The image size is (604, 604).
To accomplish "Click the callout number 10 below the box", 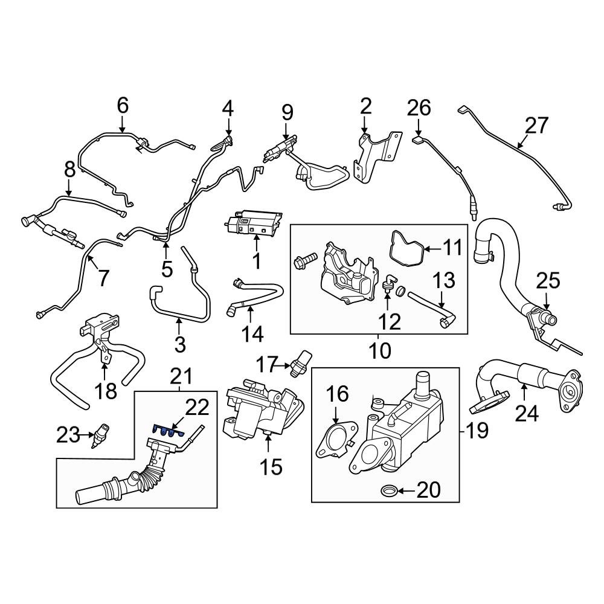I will pos(381,350).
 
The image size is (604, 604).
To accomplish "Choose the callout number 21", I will pos(181,377).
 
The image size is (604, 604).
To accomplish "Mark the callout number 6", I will pos(123,106).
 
